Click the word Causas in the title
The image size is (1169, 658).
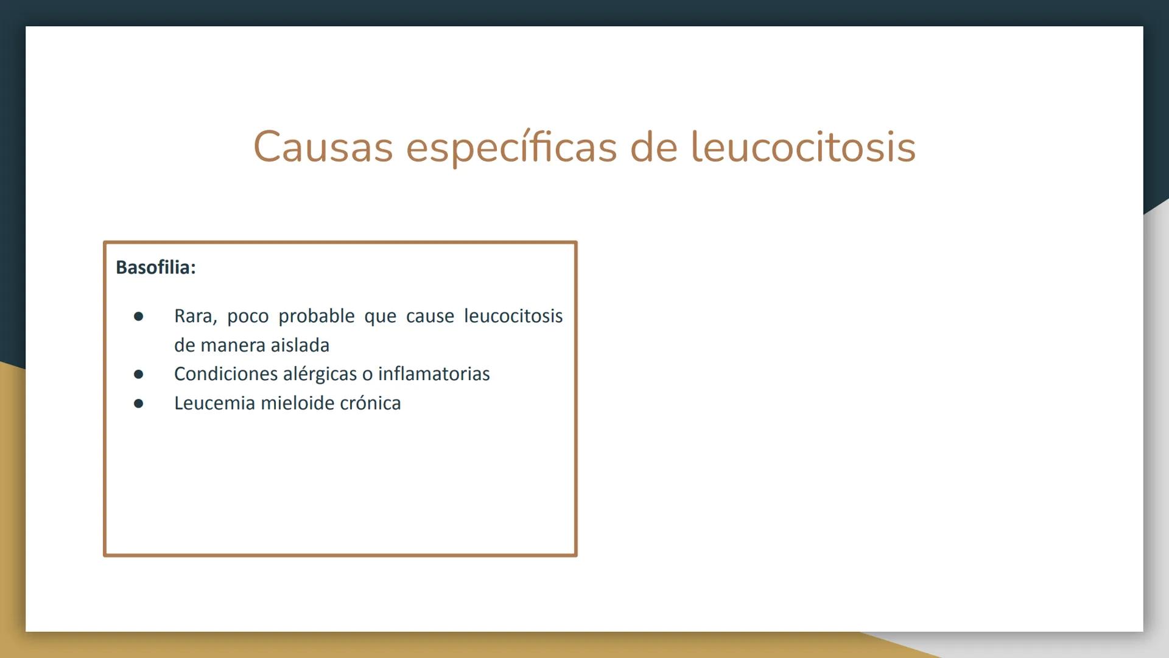coord(323,147)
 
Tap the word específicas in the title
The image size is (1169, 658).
coord(511,147)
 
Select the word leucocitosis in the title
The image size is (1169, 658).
coord(802,147)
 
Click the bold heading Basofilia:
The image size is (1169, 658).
coord(156,267)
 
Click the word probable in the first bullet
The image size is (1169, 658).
coord(316,316)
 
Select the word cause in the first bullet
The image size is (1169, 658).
coord(430,316)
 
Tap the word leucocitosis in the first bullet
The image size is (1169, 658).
coord(513,316)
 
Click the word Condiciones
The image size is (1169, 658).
coord(226,374)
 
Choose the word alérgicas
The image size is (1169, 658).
coord(320,374)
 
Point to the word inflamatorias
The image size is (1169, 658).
coord(434,374)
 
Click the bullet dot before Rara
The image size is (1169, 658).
coord(139,317)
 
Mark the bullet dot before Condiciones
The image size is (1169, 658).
coord(139,374)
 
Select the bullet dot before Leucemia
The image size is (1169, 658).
coord(139,403)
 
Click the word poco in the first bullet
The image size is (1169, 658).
coord(247,317)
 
